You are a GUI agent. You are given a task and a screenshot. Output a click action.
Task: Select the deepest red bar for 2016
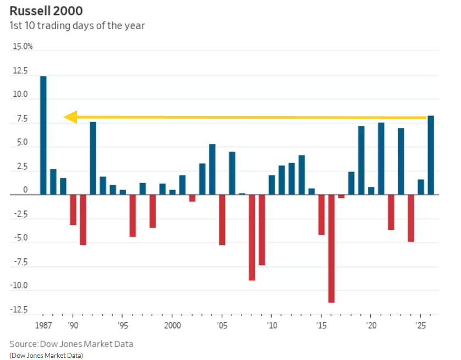pyautogui.click(x=331, y=248)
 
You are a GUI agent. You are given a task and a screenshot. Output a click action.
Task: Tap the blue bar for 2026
pyautogui.click(x=431, y=155)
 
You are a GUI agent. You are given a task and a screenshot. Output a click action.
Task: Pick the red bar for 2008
pyautogui.click(x=252, y=237)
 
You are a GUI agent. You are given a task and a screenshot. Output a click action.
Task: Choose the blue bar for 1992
pyautogui.click(x=93, y=158)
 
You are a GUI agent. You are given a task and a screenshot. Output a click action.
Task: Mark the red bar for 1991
pyautogui.click(x=83, y=219)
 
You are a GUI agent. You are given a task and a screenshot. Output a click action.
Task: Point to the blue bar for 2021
pyautogui.click(x=381, y=158)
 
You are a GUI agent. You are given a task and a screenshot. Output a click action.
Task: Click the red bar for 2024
pyautogui.click(x=410, y=218)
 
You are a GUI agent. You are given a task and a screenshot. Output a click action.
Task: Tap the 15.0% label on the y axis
pyautogui.click(x=23, y=47)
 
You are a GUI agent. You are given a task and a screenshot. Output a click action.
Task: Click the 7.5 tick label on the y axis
pyautogui.click(x=21, y=118)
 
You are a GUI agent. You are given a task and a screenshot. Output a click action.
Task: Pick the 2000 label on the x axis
pyautogui.click(x=172, y=324)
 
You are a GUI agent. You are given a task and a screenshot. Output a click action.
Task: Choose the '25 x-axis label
pyautogui.click(x=421, y=324)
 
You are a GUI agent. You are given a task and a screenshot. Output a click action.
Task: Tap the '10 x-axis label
pyautogui.click(x=272, y=324)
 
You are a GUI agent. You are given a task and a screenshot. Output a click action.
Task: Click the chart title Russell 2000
pyautogui.click(x=46, y=11)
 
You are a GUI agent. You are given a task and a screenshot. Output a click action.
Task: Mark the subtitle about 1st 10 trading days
pyautogui.click(x=77, y=26)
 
